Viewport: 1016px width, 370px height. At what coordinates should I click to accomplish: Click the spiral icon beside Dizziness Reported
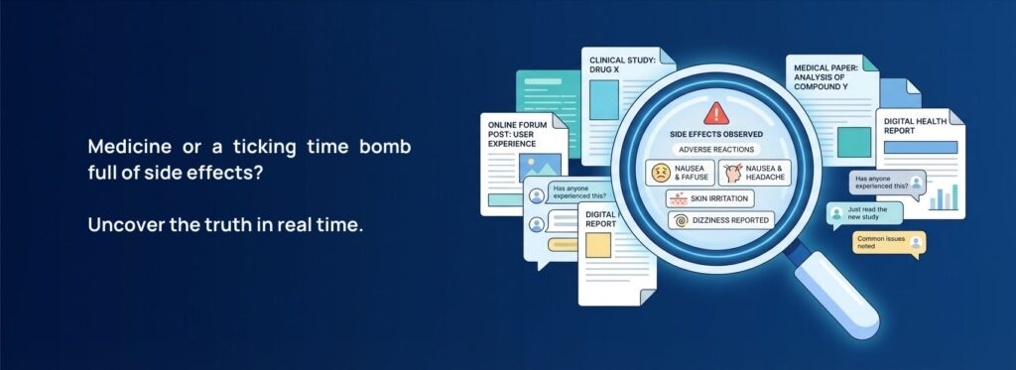coord(680,220)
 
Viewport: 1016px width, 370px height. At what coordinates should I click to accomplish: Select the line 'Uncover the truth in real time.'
coord(225,224)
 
